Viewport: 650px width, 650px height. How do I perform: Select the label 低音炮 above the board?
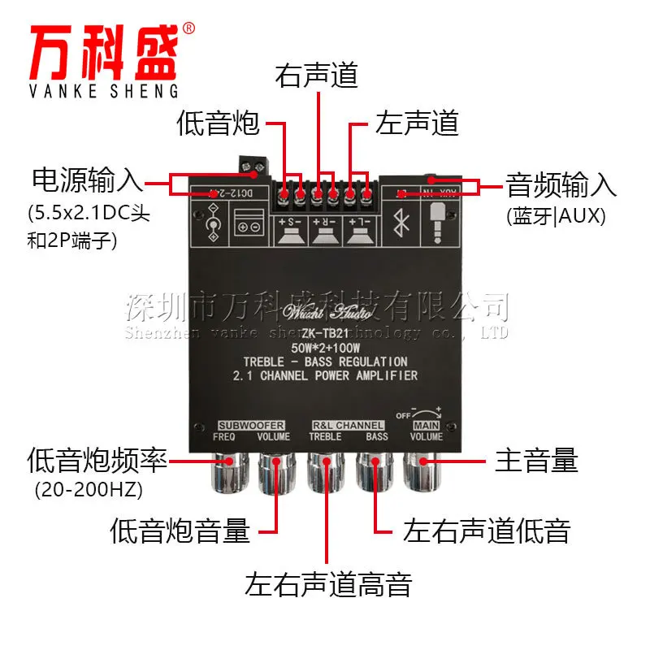click(x=218, y=123)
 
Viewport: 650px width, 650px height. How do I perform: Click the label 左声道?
click(x=416, y=123)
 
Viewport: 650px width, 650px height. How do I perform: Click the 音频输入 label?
click(x=561, y=184)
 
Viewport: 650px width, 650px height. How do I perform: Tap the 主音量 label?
click(x=536, y=461)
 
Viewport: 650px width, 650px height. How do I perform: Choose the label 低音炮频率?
click(x=97, y=461)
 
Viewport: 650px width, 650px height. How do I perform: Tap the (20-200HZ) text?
click(x=84, y=490)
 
